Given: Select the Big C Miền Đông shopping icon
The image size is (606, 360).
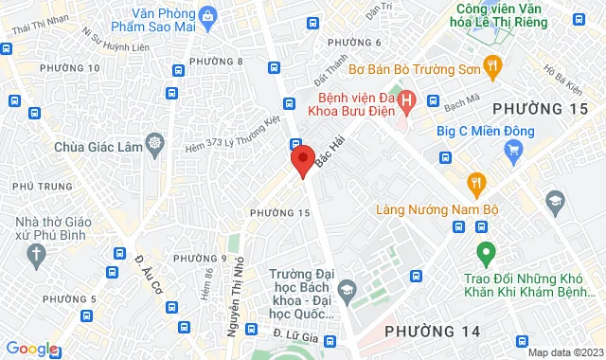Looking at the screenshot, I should pyautogui.click(x=514, y=149).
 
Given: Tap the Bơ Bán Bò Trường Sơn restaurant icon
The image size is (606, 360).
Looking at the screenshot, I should pyautogui.click(x=491, y=66).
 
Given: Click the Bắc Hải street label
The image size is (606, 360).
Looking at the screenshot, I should pyautogui.click(x=329, y=152).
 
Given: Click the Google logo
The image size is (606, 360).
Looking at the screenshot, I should pyautogui.click(x=31, y=349).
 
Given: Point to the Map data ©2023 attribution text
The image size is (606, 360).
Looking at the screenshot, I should pyautogui.click(x=564, y=352).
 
